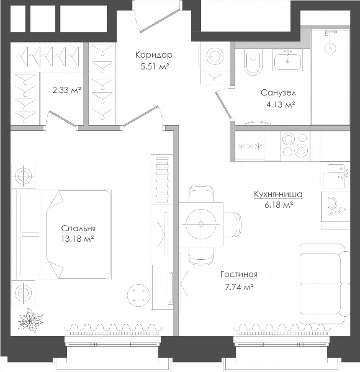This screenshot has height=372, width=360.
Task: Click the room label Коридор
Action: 154,55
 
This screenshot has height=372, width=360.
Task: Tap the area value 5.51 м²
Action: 155,67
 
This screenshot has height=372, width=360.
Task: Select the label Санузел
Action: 279,93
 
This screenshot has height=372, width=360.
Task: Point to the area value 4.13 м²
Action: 281,104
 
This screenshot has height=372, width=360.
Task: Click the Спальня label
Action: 78,228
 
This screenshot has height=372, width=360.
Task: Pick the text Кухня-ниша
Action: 278,194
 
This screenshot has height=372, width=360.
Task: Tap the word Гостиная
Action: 239,274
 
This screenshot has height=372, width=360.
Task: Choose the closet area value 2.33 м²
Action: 66,90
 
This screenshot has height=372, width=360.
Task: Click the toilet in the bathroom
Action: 253,63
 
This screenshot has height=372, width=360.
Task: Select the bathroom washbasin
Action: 287,61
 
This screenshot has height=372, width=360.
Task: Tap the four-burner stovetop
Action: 295,146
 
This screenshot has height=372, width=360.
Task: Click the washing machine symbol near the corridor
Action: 215,56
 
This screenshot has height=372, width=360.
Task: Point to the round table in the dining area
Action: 201,224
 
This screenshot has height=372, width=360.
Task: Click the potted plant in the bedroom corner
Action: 30,320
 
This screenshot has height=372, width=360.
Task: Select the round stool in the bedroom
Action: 138,296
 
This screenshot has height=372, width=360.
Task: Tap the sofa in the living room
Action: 325,284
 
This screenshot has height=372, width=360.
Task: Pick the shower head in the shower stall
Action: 330,48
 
